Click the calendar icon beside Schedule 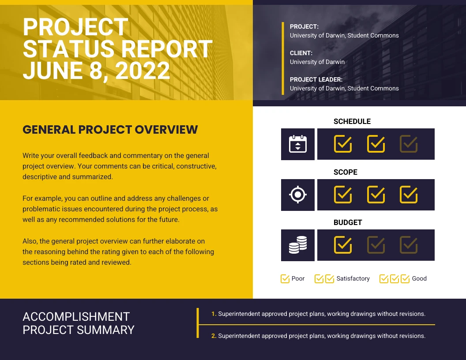tap(298, 144)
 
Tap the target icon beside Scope tap(298, 195)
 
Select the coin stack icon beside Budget tap(298, 245)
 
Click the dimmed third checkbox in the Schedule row tap(409, 144)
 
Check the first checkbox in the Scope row tap(343, 195)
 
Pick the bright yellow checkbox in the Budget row tap(343, 245)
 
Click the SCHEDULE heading tap(352, 121)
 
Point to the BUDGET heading tap(347, 222)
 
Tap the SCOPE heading tap(345, 172)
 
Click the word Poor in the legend tap(298, 279)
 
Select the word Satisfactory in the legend tap(353, 279)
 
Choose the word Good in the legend tap(419, 279)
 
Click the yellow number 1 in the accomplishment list tap(214, 314)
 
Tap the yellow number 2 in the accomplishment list tap(214, 336)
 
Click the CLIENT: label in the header tap(301, 53)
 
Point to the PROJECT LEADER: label tap(316, 79)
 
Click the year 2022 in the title tap(143, 71)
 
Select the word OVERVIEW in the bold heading tap(166, 130)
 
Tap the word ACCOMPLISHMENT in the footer tap(76, 317)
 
